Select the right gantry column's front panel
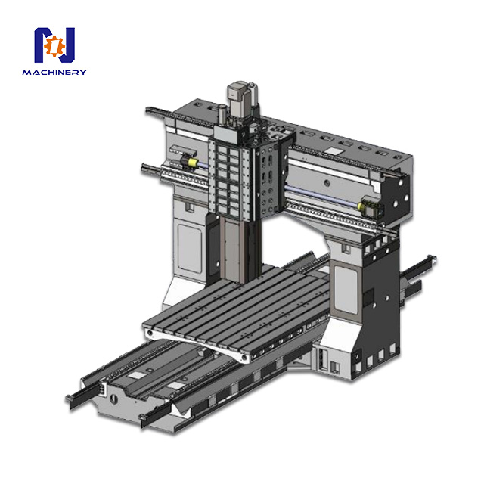pyautogui.click(x=347, y=287)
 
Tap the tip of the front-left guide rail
pyautogui.click(x=71, y=398)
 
